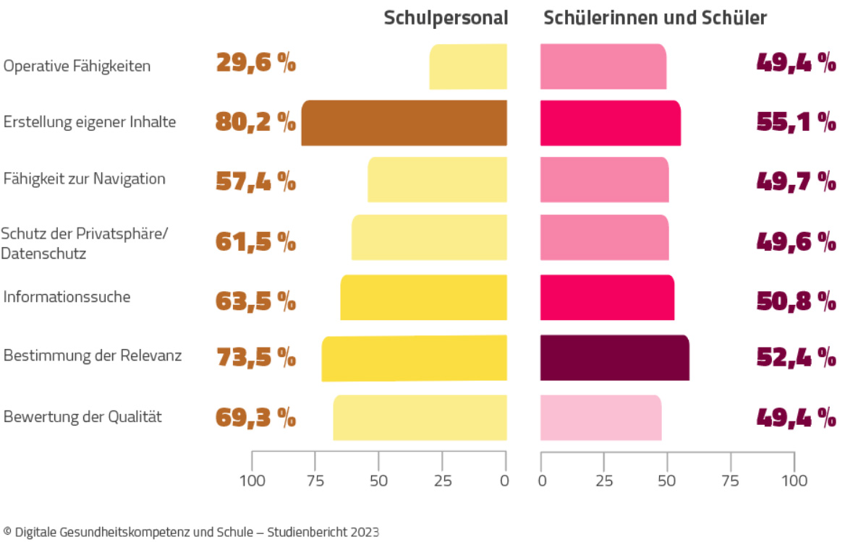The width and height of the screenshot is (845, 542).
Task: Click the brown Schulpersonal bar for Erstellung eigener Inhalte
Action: [x=404, y=123]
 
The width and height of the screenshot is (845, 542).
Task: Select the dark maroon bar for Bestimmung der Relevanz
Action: [x=614, y=358]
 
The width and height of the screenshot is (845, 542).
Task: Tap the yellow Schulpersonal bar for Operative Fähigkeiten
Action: [x=468, y=66]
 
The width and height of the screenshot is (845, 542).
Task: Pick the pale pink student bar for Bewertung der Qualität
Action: [x=600, y=418]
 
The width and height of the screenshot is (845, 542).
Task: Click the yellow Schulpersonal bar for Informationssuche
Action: [x=423, y=298]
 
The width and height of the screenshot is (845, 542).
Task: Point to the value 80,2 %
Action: [x=256, y=122]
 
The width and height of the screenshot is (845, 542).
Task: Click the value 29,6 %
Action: [x=256, y=64]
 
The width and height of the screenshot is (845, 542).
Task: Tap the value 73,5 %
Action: [x=256, y=356]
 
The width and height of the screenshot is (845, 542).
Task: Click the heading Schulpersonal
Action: [x=446, y=18]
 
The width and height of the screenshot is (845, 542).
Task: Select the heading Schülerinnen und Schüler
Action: [x=655, y=18]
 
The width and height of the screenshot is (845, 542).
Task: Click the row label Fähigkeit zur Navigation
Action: [x=85, y=178]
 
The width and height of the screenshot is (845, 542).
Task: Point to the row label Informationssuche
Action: [x=67, y=296]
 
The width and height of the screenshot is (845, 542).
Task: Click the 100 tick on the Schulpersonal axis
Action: [x=252, y=480]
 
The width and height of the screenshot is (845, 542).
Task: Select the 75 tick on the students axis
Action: [x=731, y=480]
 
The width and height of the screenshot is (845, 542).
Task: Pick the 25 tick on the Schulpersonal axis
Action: [x=442, y=480]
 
